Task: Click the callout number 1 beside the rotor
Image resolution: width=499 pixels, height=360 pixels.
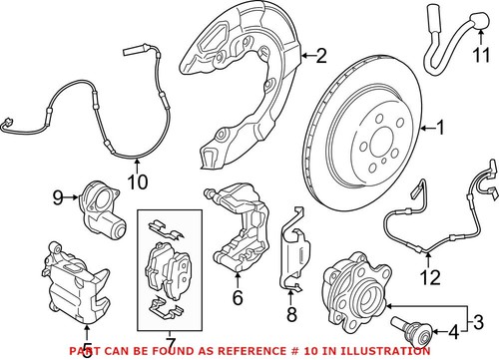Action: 434,128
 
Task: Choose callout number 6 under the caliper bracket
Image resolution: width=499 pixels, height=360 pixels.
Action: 237,296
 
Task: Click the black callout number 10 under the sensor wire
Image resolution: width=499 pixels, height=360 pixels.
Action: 137,183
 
